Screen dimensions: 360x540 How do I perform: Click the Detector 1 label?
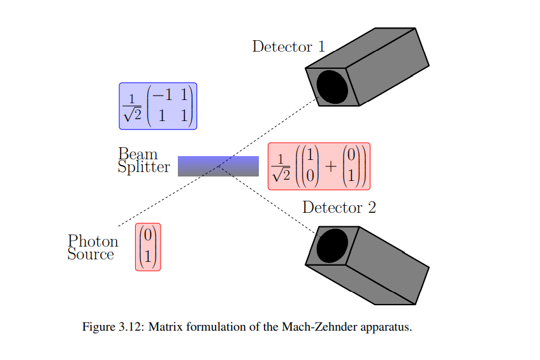coord(288,47)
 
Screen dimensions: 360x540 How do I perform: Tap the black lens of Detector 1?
coord(333,87)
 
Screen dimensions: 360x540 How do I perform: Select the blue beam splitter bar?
coord(218,166)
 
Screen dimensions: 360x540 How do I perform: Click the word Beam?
coord(138,154)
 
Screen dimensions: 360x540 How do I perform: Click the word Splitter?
coord(144,168)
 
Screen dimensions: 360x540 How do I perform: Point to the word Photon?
coord(93,241)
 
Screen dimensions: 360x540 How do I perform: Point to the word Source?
coord(91,255)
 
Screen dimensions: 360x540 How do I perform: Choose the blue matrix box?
coord(158,106)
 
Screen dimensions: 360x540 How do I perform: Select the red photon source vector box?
coord(148,247)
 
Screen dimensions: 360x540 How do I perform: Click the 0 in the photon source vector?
coord(148,236)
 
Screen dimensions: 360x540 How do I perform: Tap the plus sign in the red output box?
coord(330,166)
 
